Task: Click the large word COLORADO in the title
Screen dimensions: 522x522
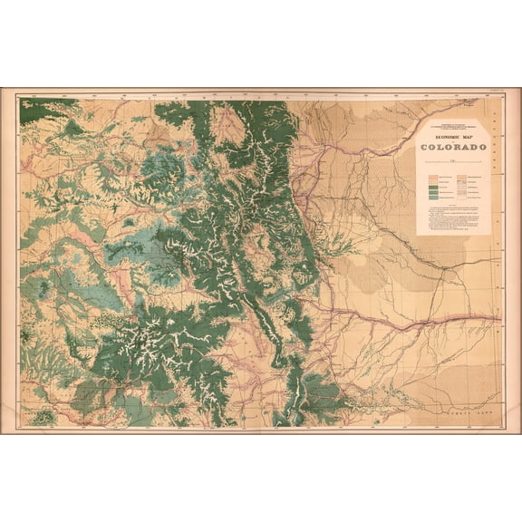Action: pyautogui.click(x=452, y=147)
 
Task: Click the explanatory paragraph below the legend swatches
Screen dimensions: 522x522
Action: pyautogui.click(x=452, y=218)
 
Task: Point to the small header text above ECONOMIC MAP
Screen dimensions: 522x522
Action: pyautogui.click(x=452, y=128)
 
